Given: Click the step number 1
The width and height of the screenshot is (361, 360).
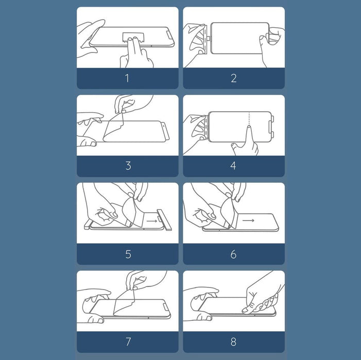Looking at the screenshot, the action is pyautogui.click(x=127, y=78).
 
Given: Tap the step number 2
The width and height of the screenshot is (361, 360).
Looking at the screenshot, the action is pyautogui.click(x=234, y=78).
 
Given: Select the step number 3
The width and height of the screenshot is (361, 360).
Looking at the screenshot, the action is pyautogui.click(x=128, y=166).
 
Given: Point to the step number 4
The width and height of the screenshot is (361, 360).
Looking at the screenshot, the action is pyautogui.click(x=233, y=166).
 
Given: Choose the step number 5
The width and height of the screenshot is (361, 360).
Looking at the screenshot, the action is pyautogui.click(x=128, y=254).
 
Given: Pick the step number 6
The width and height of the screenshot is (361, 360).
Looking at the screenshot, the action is pyautogui.click(x=233, y=254).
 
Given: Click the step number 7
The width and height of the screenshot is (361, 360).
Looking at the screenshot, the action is pyautogui.click(x=128, y=341).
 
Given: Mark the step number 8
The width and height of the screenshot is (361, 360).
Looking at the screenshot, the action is pyautogui.click(x=233, y=341).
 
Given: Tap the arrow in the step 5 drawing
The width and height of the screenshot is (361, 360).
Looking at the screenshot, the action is pyautogui.click(x=152, y=221).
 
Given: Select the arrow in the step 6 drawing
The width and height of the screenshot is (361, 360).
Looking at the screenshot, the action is pyautogui.click(x=248, y=221).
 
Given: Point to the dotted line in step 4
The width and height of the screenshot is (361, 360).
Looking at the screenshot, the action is pyautogui.click(x=249, y=119).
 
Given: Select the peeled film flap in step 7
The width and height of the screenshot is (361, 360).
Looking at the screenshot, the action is pyautogui.click(x=124, y=303).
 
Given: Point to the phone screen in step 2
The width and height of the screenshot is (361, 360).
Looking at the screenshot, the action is pyautogui.click(x=239, y=38).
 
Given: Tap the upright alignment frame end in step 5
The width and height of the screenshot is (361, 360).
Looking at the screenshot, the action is pyautogui.click(x=164, y=220).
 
